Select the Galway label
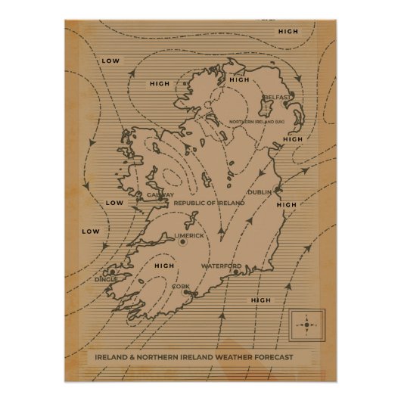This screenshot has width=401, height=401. click(x=160, y=194)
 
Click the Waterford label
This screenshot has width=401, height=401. click(x=221, y=266)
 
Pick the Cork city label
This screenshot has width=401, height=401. click(x=181, y=286)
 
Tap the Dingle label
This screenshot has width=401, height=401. click(x=105, y=278)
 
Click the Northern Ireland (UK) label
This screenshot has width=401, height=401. click(x=252, y=122)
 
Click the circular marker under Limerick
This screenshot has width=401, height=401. click(x=182, y=242)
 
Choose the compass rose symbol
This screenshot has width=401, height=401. click(x=307, y=326)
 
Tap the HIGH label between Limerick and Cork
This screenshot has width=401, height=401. click(x=163, y=266)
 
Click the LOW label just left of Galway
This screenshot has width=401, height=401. click(x=114, y=203)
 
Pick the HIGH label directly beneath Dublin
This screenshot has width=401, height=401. click(x=287, y=204)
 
